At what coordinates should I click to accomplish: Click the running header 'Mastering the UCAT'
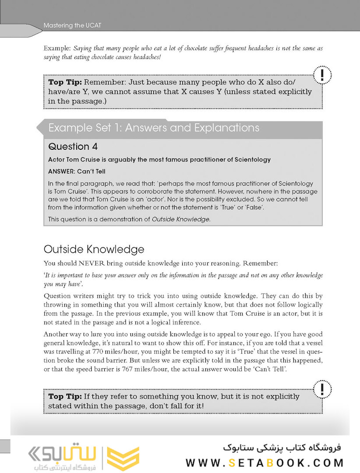(x=72, y=25)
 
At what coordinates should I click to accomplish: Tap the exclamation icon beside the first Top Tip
(x=322, y=75)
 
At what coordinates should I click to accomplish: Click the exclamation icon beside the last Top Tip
(x=322, y=388)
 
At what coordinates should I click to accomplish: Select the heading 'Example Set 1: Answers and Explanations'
(x=154, y=128)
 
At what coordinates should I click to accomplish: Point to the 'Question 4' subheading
(x=74, y=146)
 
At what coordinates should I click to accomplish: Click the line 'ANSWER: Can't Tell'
(x=77, y=171)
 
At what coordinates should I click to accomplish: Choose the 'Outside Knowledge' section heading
(x=94, y=249)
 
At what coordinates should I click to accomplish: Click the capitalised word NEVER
(x=93, y=264)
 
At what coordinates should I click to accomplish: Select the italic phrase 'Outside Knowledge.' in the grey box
(x=181, y=219)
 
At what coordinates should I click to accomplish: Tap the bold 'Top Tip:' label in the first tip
(x=65, y=82)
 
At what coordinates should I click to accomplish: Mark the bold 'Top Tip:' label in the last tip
(x=65, y=396)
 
